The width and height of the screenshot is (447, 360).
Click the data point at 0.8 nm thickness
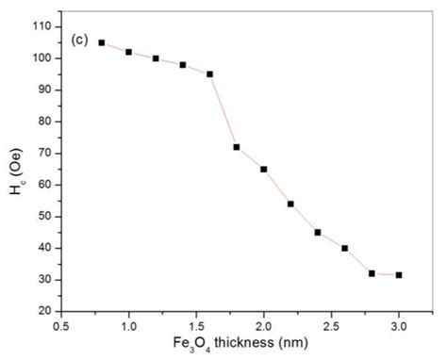coord(102,42)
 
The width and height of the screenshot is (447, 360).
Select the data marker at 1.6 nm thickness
coord(209,74)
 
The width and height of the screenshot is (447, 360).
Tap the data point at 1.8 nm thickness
coord(237,147)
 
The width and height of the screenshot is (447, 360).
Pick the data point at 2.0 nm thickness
coord(264,169)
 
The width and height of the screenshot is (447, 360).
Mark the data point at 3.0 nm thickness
coord(399,275)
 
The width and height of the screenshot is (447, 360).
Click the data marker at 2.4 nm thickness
coord(318,232)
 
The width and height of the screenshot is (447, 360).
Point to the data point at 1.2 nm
coord(156,58)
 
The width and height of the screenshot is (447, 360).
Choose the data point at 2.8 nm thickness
coord(372,273)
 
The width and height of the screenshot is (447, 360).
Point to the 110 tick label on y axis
coord(41,26)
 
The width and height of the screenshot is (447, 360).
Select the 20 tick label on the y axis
coord(44,311)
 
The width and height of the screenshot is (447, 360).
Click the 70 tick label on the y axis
coord(44,153)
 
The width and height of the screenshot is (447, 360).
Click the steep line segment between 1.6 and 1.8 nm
coord(223,110)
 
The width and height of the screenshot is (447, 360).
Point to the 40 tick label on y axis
coord(44,248)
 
